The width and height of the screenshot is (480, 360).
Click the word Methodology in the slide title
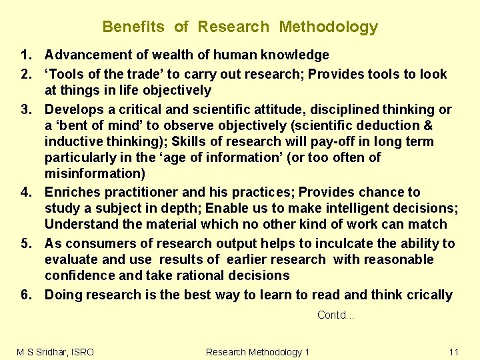click(328, 27)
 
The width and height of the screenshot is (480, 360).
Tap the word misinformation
click(94, 174)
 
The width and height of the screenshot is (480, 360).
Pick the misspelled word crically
click(427, 295)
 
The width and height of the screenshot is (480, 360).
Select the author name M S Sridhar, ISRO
click(55, 351)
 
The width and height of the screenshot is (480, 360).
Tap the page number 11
click(454, 351)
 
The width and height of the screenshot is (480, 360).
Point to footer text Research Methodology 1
click(257, 351)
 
